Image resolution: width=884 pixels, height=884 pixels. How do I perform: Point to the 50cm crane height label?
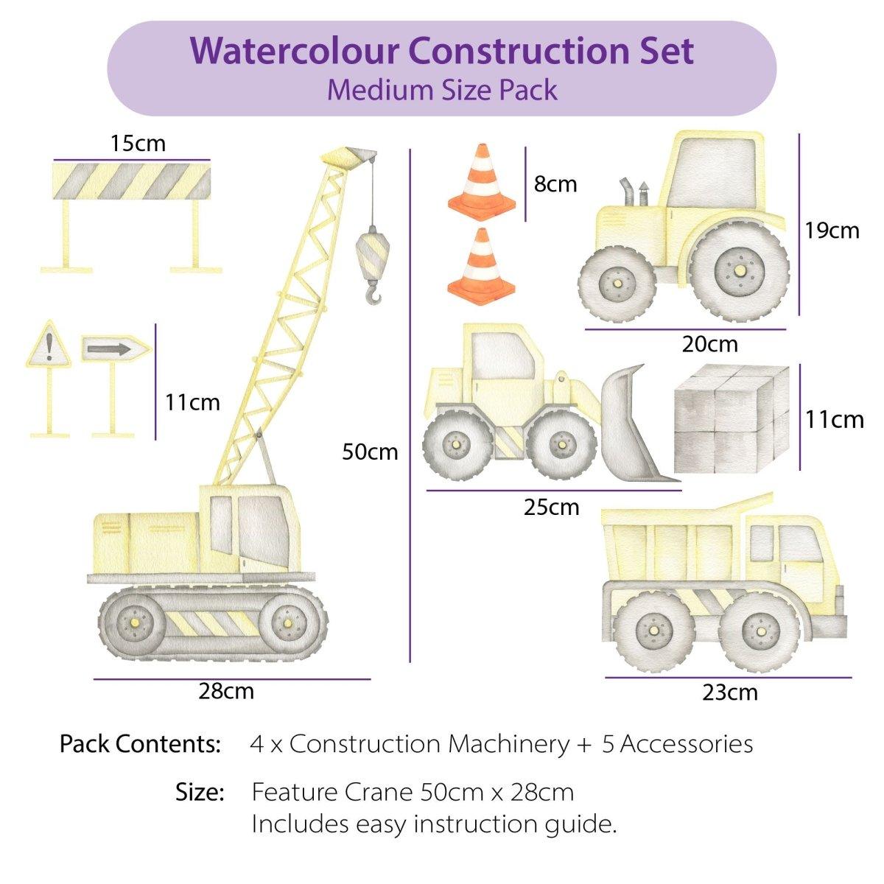coord(370,451)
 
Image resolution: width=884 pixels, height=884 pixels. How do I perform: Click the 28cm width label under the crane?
coord(226,692)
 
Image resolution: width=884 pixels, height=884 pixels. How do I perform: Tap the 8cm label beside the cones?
coord(555,184)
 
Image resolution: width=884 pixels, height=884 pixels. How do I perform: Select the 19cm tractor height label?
coord(832,231)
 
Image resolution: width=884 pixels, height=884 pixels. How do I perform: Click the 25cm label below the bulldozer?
coord(552,507)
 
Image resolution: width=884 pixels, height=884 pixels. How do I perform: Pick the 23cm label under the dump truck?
coord(730,692)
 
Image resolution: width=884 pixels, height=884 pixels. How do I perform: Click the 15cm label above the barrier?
coord(138,143)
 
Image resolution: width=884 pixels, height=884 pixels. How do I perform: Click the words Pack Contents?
coord(140,744)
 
